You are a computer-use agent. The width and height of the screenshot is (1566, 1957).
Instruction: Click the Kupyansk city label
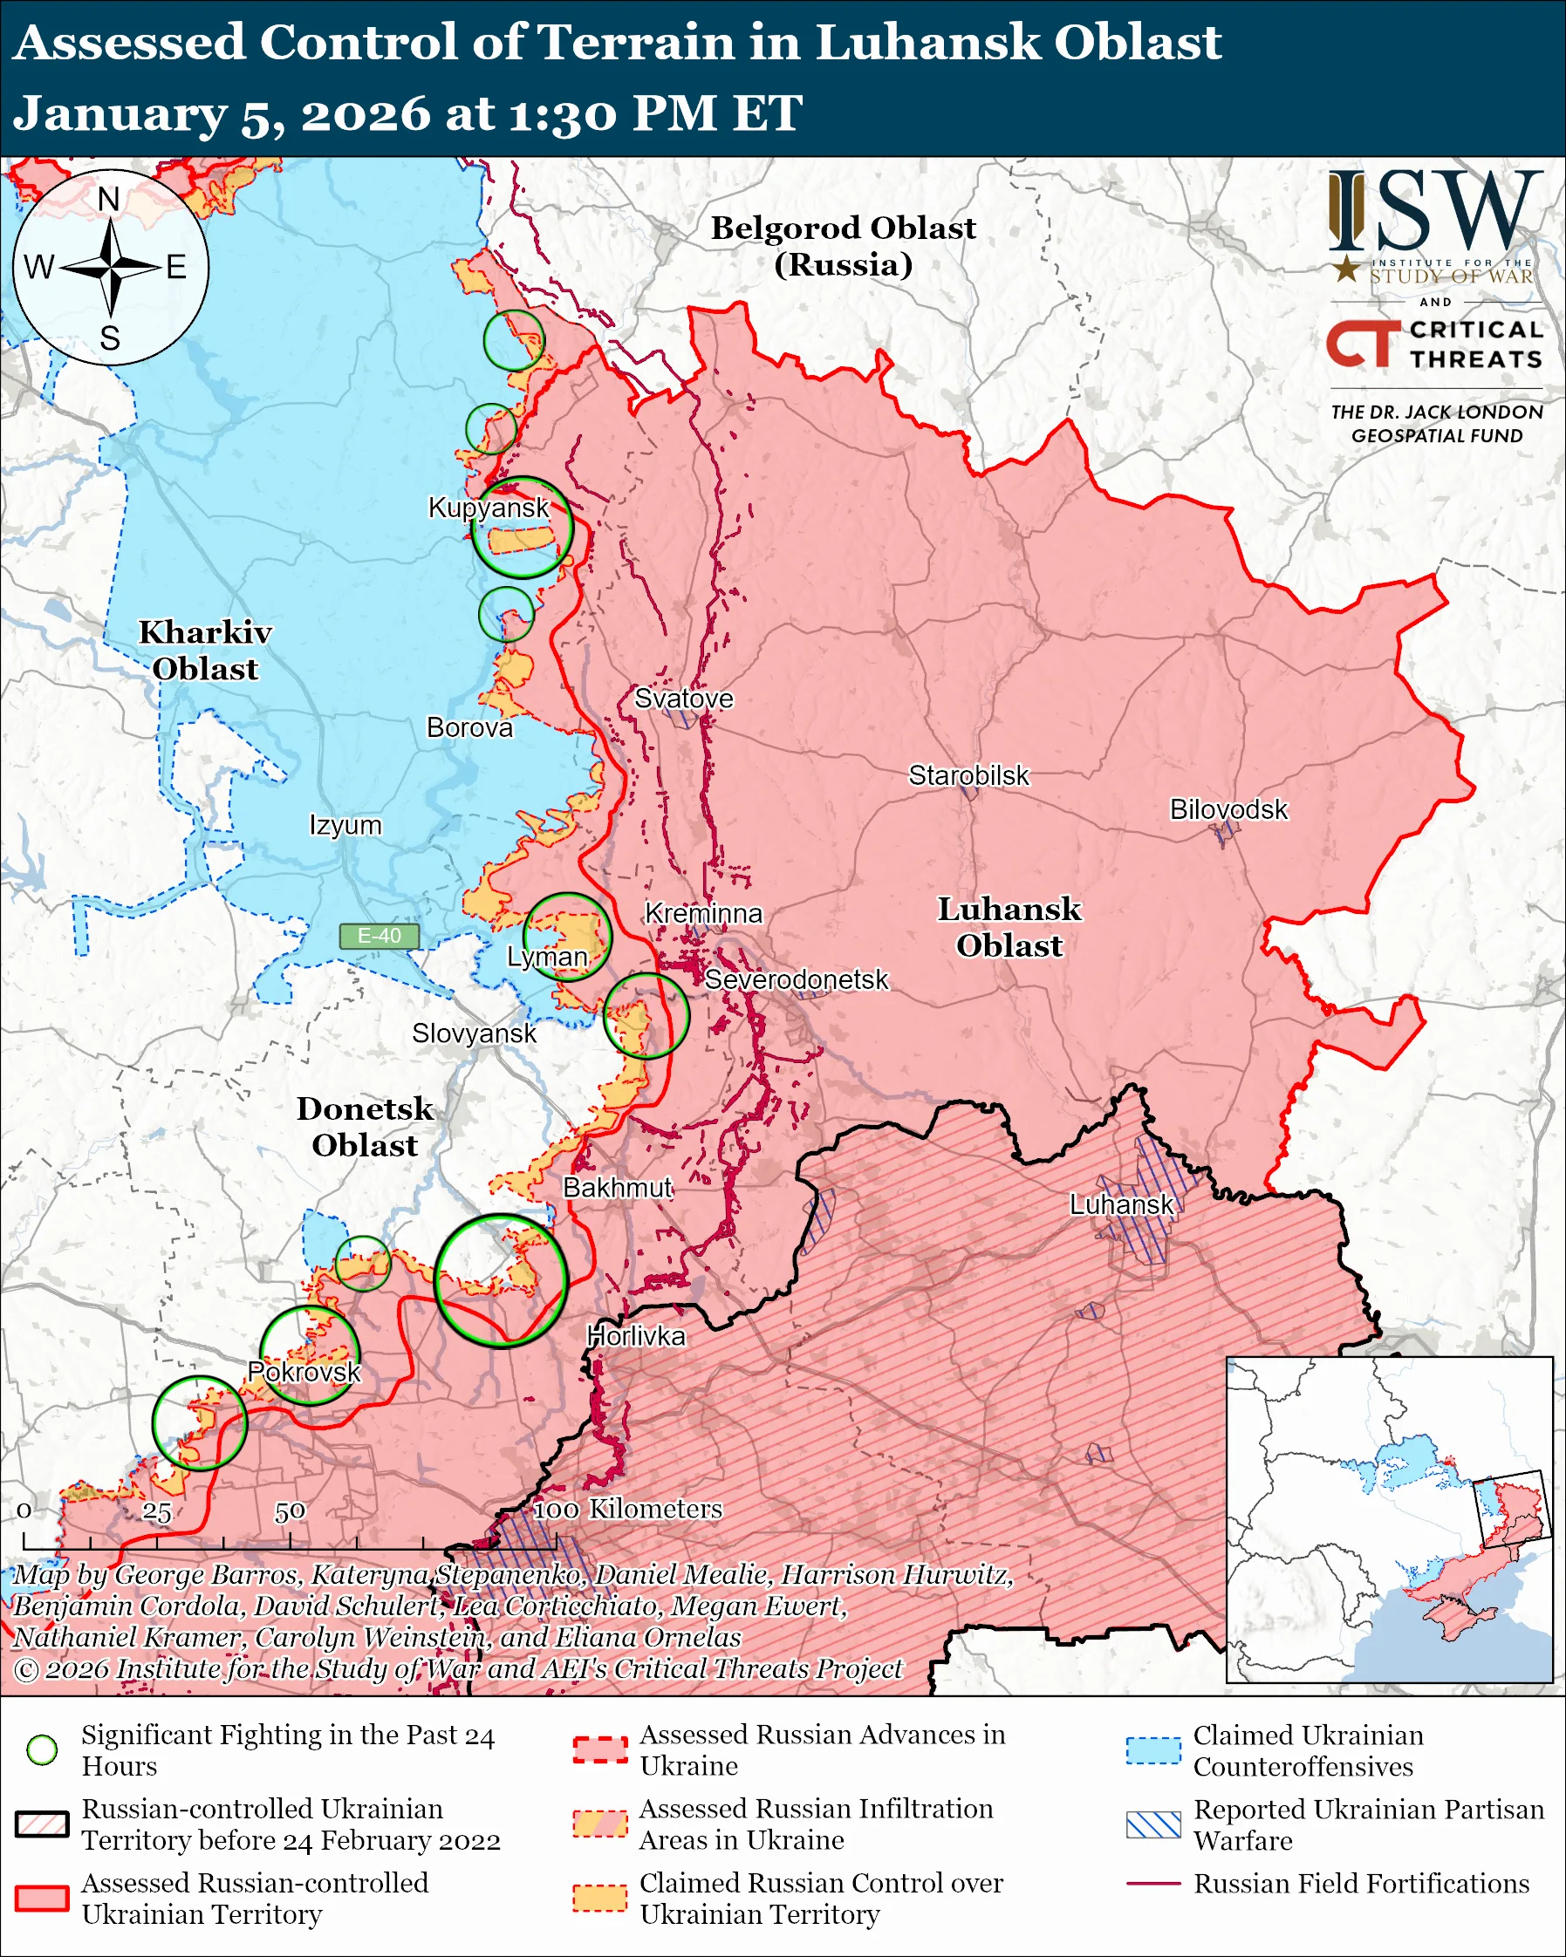(x=489, y=508)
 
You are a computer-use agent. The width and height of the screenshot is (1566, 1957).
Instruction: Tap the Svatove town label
(x=683, y=698)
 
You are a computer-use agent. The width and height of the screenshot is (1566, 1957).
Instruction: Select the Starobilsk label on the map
(x=968, y=775)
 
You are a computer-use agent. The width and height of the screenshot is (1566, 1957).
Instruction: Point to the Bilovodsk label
(x=1227, y=808)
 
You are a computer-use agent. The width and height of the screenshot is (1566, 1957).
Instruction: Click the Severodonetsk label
(x=797, y=979)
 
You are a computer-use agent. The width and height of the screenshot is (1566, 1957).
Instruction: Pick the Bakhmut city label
(x=618, y=1187)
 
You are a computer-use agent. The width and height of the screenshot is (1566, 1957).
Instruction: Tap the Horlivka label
(x=635, y=1335)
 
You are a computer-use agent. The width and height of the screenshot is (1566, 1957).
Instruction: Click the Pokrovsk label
(x=304, y=1372)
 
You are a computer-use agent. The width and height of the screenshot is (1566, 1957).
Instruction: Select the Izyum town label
(x=345, y=825)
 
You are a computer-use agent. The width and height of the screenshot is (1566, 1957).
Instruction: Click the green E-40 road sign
(x=379, y=936)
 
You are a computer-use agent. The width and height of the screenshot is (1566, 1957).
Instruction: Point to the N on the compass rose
(x=109, y=200)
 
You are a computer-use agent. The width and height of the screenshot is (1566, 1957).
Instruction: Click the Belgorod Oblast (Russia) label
(x=843, y=246)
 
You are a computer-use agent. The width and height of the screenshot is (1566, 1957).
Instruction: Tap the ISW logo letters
(x=1434, y=212)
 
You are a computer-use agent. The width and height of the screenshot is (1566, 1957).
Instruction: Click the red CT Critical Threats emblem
(x=1363, y=344)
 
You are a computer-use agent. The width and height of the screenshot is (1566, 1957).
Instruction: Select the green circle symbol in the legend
(x=43, y=1749)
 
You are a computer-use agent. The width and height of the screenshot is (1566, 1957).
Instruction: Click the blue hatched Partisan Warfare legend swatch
(x=1153, y=1824)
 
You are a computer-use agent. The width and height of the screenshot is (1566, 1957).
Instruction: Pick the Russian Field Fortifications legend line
(x=1153, y=1884)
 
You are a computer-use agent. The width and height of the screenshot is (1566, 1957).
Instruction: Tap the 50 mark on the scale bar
(x=290, y=1512)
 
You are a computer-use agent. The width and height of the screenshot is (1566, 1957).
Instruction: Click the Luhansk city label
(x=1121, y=1204)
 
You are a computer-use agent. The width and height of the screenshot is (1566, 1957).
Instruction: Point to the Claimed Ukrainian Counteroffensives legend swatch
(x=1153, y=1750)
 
